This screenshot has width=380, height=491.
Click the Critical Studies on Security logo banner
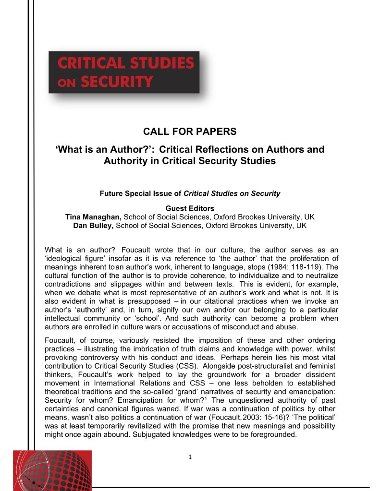pos(124,72)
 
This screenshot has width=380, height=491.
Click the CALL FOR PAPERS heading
pos(190,132)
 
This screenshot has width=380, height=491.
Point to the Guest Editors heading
pos(190,208)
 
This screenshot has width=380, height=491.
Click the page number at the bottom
pos(190,456)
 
